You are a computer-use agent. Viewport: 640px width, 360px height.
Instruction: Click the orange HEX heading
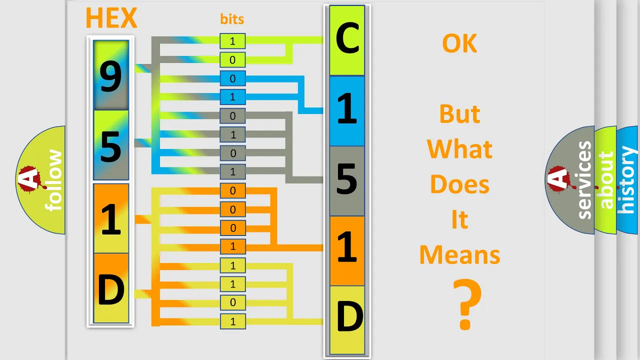111,18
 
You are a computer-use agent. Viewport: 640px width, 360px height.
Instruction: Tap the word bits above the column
232,19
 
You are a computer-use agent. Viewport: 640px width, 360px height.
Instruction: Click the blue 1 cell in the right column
347,111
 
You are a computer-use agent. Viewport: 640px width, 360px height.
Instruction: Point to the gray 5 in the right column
347,181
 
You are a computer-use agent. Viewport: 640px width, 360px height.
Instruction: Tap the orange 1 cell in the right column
347,251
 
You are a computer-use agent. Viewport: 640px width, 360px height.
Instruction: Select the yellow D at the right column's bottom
347,320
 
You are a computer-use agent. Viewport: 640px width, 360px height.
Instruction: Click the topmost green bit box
232,41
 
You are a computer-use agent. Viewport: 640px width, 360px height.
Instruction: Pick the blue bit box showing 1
232,97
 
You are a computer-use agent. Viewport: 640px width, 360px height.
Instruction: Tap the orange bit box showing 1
232,246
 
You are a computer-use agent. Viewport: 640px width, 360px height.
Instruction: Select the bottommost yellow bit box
232,321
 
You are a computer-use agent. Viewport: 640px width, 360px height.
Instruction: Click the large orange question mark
467,304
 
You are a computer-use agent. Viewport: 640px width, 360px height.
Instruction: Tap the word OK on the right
459,43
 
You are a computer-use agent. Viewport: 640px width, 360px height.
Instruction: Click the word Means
459,254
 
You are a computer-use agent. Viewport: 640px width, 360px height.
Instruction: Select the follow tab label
53,180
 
